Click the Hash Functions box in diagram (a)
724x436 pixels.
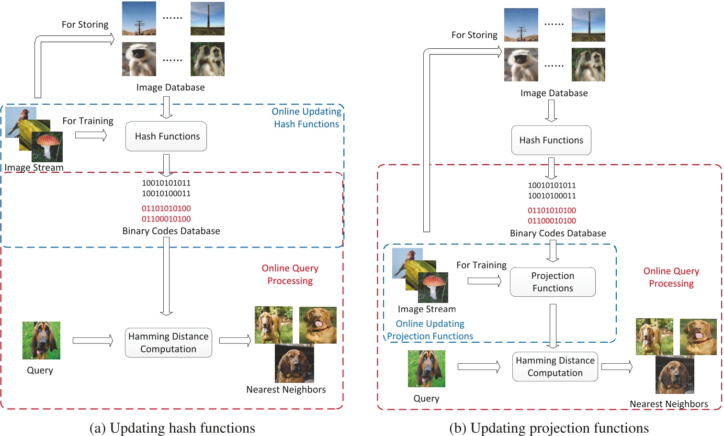pyautogui.click(x=166, y=136)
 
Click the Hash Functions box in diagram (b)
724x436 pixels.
pyautogui.click(x=551, y=140)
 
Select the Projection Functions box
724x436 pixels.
pyautogui.click(x=553, y=282)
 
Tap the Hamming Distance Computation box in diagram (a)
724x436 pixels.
pyautogui.click(x=168, y=343)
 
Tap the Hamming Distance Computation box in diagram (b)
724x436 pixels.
pyautogui.click(x=555, y=367)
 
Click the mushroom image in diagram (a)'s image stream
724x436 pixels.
pyautogui.click(x=48, y=146)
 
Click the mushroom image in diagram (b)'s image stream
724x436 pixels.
pyautogui.click(x=433, y=287)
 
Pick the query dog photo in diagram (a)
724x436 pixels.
pyautogui.click(x=41, y=340)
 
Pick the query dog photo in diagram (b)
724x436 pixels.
pyautogui.click(x=426, y=369)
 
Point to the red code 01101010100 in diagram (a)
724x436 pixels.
pyautogui.click(x=166, y=209)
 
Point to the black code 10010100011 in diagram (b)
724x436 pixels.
pyautogui.click(x=552, y=196)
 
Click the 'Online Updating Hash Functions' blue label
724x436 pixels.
pyautogui.click(x=306, y=118)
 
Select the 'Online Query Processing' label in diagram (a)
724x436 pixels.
pyautogui.click(x=290, y=274)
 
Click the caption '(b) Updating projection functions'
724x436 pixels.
pyautogui.click(x=549, y=428)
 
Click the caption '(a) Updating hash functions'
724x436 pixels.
pyautogui.click(x=172, y=428)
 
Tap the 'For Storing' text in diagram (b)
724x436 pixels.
pyautogui.click(x=474, y=35)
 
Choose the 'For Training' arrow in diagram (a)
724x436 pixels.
pyautogui.click(x=91, y=135)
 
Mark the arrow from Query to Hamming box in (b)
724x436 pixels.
pyautogui.click(x=479, y=367)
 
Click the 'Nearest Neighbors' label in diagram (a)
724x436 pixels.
pyautogui.click(x=286, y=390)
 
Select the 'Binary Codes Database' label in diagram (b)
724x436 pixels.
pyautogui.click(x=558, y=233)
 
